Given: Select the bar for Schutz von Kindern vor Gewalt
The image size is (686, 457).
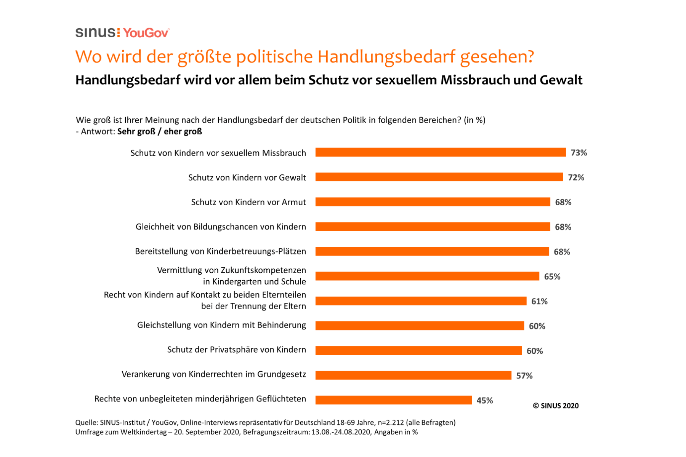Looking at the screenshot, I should [439, 177].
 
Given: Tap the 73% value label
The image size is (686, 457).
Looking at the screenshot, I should [579, 153].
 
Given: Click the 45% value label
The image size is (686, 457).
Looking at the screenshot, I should [484, 400].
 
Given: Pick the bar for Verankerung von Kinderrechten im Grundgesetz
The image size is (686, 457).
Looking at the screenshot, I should [413, 375].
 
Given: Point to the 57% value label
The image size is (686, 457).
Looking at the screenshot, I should [524, 376].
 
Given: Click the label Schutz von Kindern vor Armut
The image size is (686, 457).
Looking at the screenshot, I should [248, 202].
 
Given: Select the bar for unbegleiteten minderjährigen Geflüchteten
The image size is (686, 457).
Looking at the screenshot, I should [393, 400].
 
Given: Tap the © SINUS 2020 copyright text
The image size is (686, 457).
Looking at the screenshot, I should [555, 406].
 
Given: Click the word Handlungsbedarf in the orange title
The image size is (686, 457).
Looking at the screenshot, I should [386, 57].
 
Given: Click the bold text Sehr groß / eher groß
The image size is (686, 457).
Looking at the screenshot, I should [159, 132].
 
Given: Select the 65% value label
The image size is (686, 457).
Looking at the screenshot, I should [552, 276].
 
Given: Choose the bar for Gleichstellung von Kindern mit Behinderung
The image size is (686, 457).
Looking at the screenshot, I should [420, 326].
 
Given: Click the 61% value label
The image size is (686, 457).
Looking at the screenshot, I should [539, 301].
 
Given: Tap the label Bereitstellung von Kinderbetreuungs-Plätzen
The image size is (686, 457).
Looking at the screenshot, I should [220, 251].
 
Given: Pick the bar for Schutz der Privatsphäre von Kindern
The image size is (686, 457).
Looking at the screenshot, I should [418, 350].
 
